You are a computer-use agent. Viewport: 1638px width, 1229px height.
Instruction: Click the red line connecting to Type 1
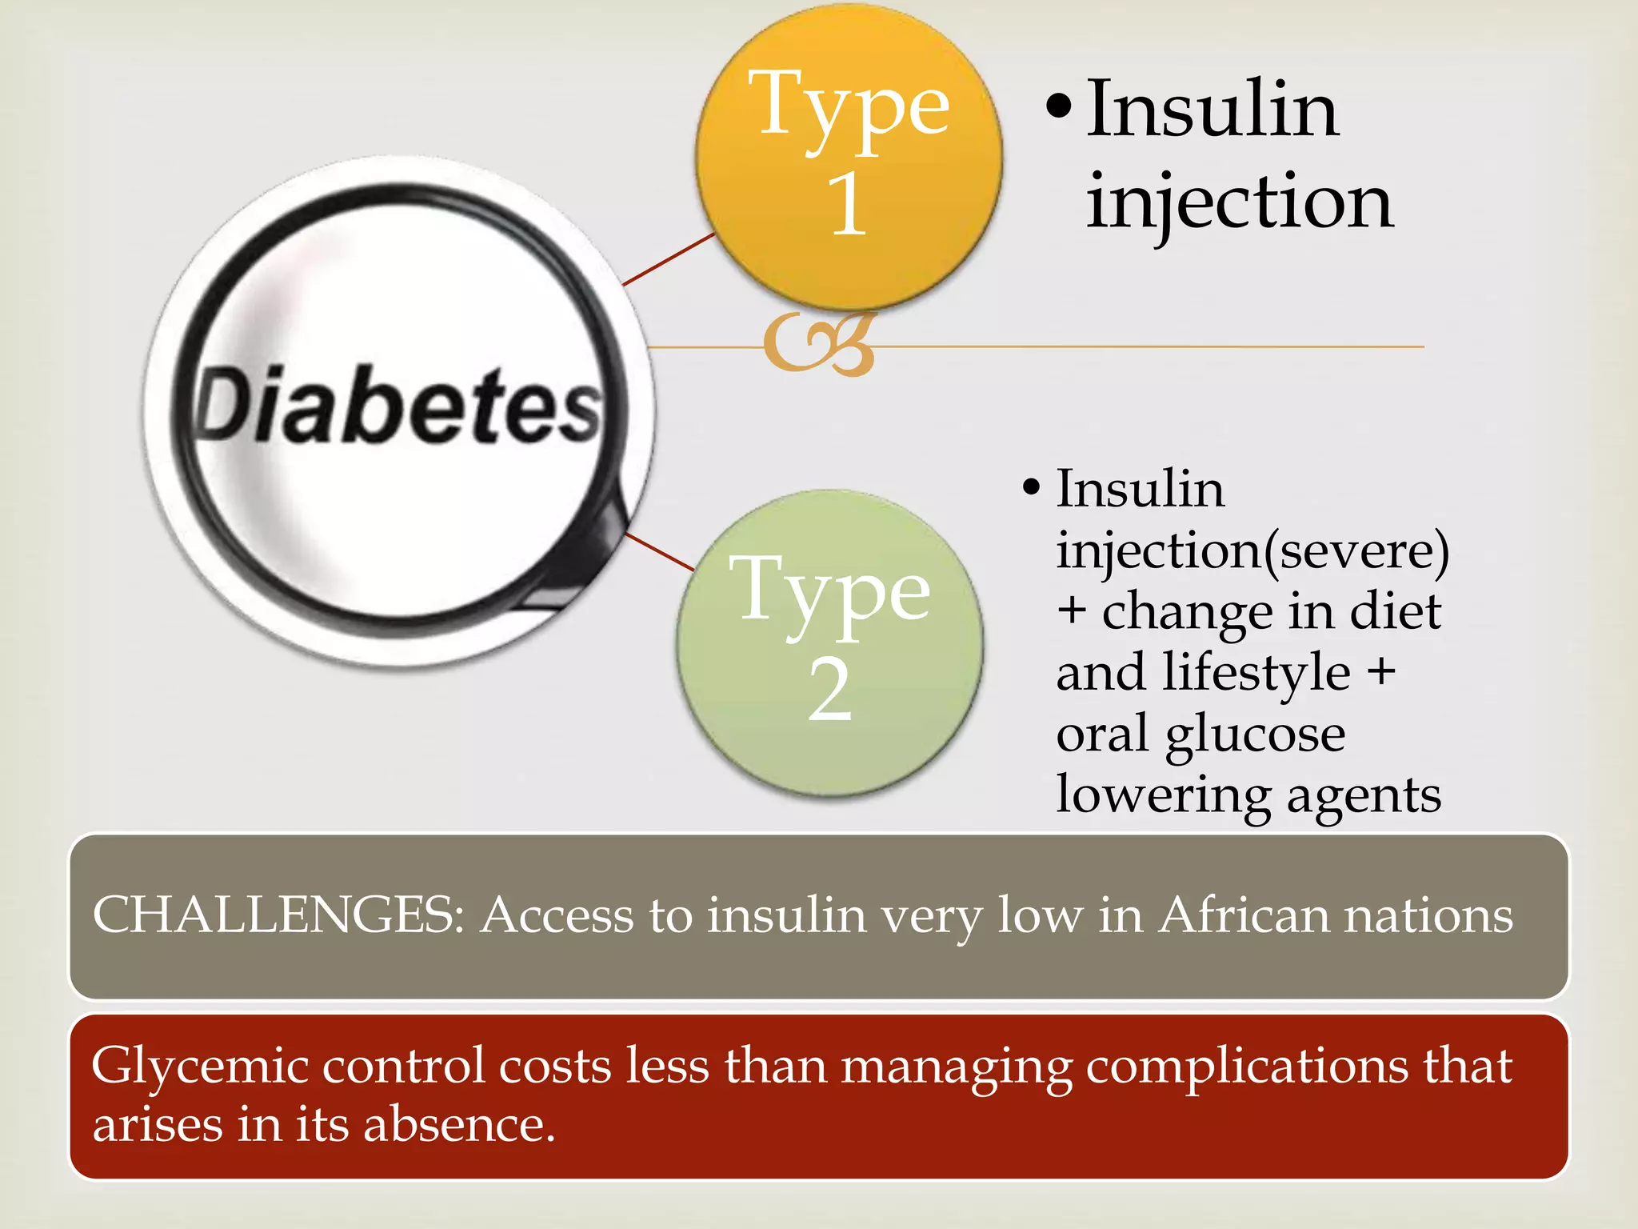pyautogui.click(x=669, y=258)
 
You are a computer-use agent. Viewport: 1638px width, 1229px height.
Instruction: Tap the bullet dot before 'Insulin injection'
pyautogui.click(x=1057, y=108)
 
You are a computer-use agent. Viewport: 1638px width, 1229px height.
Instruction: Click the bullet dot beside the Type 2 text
pyautogui.click(x=1031, y=486)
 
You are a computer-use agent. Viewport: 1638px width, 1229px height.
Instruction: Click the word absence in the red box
pyautogui.click(x=459, y=1124)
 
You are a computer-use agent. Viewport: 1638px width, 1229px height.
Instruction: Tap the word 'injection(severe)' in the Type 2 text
pyautogui.click(x=1252, y=551)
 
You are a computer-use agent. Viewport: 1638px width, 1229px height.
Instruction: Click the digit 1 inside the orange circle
pyautogui.click(x=848, y=203)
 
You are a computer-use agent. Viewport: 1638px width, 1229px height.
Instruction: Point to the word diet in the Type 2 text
pyautogui.click(x=1395, y=611)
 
